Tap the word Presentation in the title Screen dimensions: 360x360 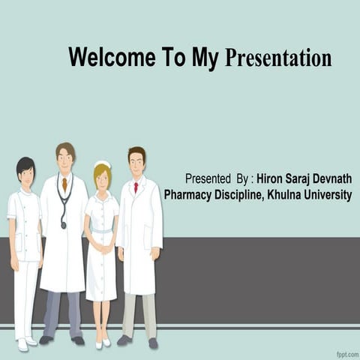(x=278, y=58)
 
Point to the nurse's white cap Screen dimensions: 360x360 (x=102, y=163)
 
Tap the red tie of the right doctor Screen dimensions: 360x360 (x=136, y=187)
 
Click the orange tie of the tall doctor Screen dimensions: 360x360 (x=65, y=183)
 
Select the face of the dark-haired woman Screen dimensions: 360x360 (x=27, y=176)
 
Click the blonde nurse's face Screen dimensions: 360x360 (x=102, y=178)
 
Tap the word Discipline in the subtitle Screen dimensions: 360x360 (x=238, y=195)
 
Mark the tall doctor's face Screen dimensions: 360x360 (x=66, y=160)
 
